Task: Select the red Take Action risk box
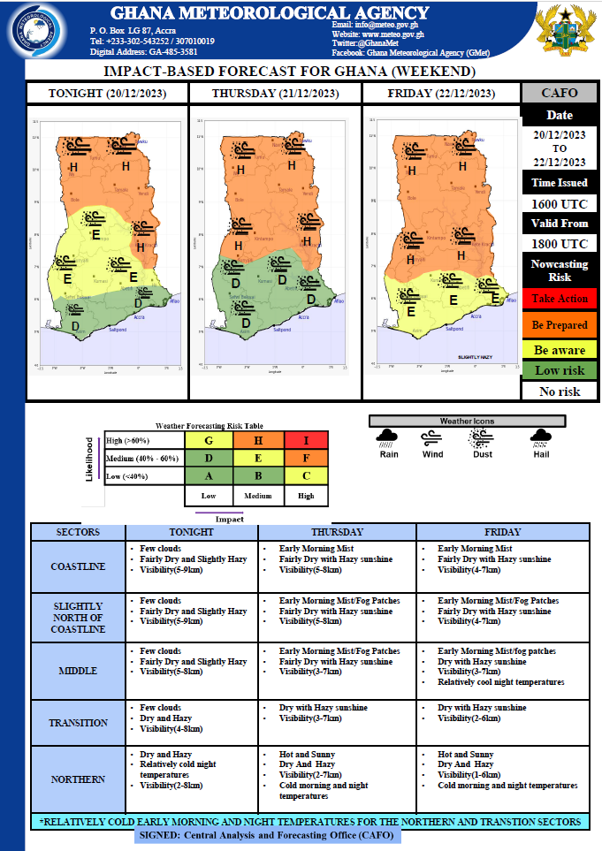tap(560, 299)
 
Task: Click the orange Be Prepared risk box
tap(560, 324)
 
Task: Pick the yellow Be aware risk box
tap(560, 350)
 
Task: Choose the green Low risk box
tap(560, 370)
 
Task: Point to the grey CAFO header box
tap(560, 93)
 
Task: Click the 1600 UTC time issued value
tap(560, 203)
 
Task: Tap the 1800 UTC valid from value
tap(560, 244)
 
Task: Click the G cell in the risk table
tap(209, 440)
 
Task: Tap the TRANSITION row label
tap(79, 723)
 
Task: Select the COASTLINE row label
tap(79, 566)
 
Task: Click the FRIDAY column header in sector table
tap(502, 533)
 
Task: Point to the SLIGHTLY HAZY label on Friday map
tap(476, 357)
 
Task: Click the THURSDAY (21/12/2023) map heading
tap(275, 93)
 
